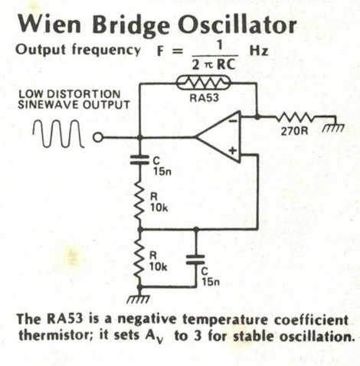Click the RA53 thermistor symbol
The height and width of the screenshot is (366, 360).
pos(204,83)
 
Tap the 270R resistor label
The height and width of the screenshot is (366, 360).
pos(294,131)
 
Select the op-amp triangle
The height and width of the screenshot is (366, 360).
pos(218,137)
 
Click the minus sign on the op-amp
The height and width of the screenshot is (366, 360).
pos(233,121)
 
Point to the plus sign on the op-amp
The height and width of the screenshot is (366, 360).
pos(232,150)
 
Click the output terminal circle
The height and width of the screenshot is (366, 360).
pos(97,137)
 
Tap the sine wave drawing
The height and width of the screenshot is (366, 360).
pos(58,133)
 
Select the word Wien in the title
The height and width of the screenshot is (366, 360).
pos(50,23)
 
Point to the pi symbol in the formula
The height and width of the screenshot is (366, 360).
pos(208,66)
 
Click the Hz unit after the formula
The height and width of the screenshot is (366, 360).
pos(259,51)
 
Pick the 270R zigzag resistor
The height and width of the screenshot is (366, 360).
pos(295,117)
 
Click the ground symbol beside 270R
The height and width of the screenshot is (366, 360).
pos(334,126)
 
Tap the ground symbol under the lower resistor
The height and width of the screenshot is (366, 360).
pos(139,297)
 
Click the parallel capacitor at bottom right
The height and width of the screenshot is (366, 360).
pos(195,260)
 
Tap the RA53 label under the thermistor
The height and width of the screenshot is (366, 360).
pos(205,98)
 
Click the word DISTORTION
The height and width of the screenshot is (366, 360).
pos(83,94)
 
